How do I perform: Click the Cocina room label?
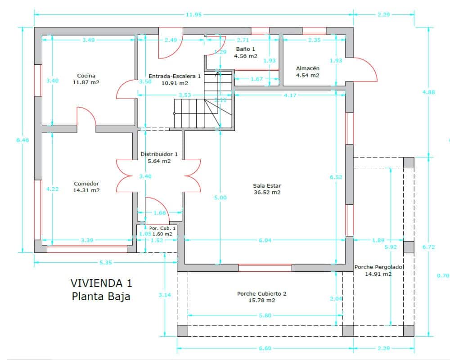click(86, 76)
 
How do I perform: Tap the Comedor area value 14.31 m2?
click(86, 190)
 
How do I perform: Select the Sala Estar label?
click(267, 185)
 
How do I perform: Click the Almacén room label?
click(307, 68)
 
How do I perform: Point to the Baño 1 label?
click(245, 49)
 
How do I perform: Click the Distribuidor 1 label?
click(159, 154)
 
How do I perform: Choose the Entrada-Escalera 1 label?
click(175, 76)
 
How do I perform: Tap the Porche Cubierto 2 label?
click(261, 294)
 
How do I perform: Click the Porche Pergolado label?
click(378, 267)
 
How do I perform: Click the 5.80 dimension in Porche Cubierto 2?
click(265, 315)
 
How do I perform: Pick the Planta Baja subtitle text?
click(101, 297)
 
